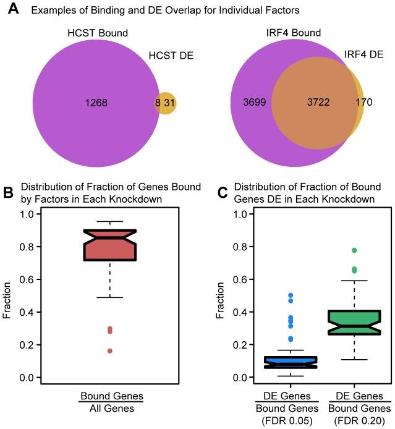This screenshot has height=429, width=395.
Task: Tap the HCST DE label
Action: [171, 56]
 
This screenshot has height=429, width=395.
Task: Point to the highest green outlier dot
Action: [354, 250]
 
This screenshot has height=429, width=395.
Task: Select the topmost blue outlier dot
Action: [290, 295]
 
